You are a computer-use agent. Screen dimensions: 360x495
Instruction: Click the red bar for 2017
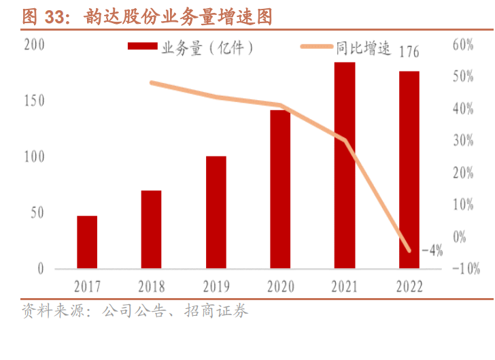click(87, 242)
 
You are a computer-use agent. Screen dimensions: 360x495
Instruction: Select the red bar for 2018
click(152, 229)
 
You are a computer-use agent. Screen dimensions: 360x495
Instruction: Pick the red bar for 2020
click(280, 189)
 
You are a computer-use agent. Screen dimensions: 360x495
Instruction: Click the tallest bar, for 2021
click(345, 165)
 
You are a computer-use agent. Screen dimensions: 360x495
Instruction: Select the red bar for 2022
click(409, 169)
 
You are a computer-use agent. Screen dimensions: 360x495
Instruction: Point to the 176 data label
click(409, 52)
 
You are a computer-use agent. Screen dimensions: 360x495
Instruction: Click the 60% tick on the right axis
click(463, 45)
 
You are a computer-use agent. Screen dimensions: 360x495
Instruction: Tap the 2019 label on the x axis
click(216, 287)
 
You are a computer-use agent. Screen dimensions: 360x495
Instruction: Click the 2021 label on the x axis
click(345, 287)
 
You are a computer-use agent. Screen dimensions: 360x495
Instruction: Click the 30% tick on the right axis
click(463, 141)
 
